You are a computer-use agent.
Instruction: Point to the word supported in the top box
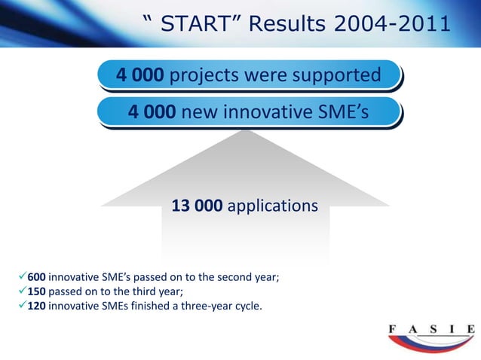pyautogui.click(x=334, y=75)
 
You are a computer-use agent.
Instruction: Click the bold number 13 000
pyautogui.click(x=198, y=206)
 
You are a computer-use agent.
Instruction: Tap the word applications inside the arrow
pyautogui.click(x=272, y=206)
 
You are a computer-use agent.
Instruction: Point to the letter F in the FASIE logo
pyautogui.click(x=393, y=328)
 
